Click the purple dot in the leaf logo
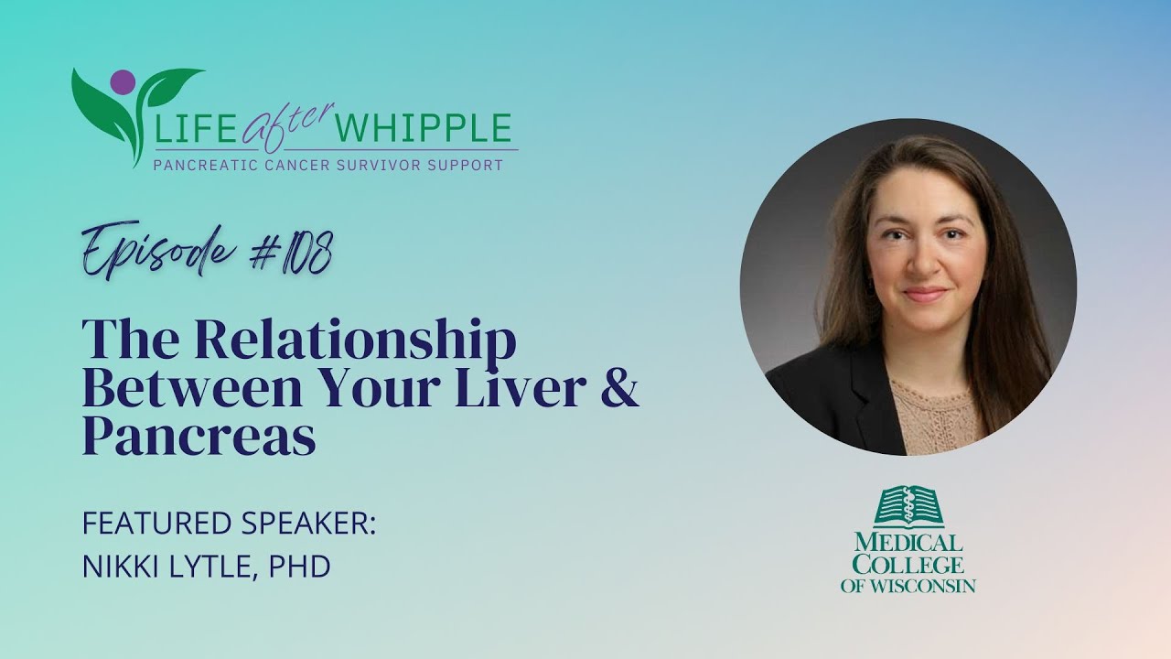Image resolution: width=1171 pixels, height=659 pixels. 121,81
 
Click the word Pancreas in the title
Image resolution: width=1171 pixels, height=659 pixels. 199,438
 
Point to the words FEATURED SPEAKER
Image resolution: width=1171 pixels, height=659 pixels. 229,524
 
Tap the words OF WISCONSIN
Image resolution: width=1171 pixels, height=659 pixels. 908,586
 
